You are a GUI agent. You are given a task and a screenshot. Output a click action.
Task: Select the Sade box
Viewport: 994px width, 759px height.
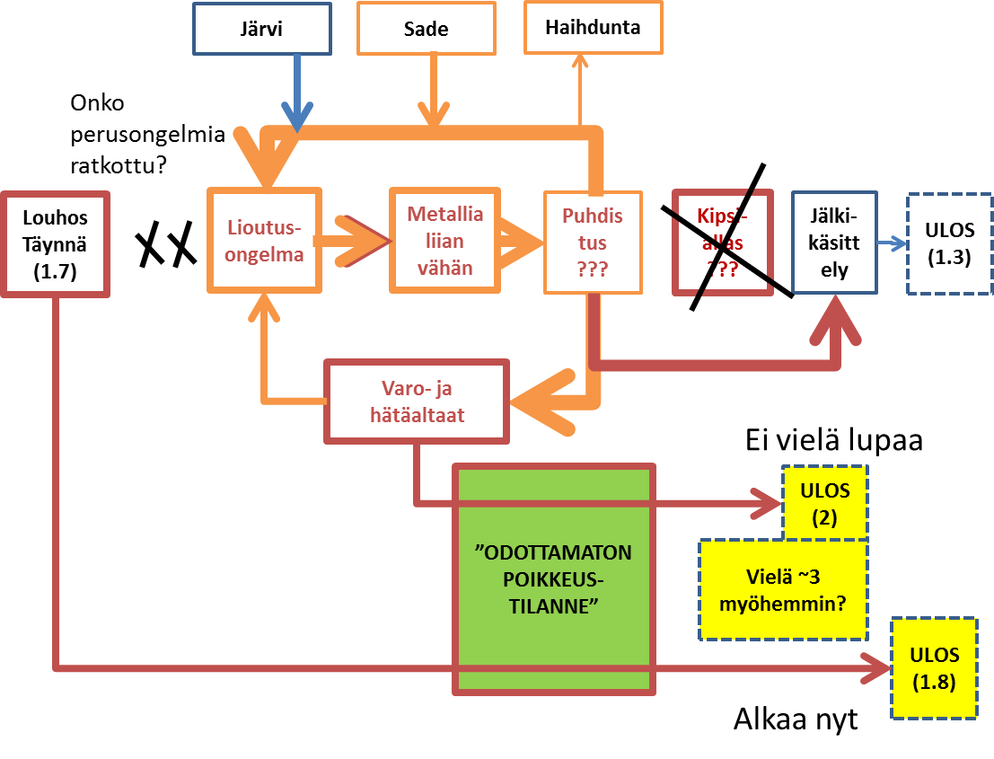click(426, 29)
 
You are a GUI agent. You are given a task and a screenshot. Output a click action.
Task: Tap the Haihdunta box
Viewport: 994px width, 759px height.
click(593, 27)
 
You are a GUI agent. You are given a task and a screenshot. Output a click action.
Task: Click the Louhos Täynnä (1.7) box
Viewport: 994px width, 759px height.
click(56, 243)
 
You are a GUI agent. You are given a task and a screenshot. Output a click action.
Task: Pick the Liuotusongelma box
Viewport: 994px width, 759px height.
click(264, 240)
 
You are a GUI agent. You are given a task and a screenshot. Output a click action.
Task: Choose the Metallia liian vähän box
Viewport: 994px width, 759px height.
click(444, 240)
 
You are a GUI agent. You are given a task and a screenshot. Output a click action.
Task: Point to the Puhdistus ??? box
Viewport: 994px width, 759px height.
click(593, 242)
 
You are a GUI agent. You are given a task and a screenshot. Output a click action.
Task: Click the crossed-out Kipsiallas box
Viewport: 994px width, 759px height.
click(723, 243)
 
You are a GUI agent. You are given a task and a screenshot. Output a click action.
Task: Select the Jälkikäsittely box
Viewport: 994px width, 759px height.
click(834, 243)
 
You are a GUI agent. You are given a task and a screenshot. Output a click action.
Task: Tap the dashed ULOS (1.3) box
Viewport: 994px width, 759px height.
click(949, 243)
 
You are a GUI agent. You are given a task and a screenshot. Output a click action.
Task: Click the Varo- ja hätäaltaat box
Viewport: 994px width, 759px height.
click(416, 402)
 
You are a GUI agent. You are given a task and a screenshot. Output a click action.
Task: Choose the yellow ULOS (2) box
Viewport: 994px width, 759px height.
click(824, 504)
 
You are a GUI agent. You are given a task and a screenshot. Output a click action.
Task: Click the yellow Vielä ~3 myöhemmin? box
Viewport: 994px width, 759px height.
click(783, 589)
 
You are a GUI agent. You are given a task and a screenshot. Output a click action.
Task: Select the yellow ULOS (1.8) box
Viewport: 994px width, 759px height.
click(934, 668)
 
